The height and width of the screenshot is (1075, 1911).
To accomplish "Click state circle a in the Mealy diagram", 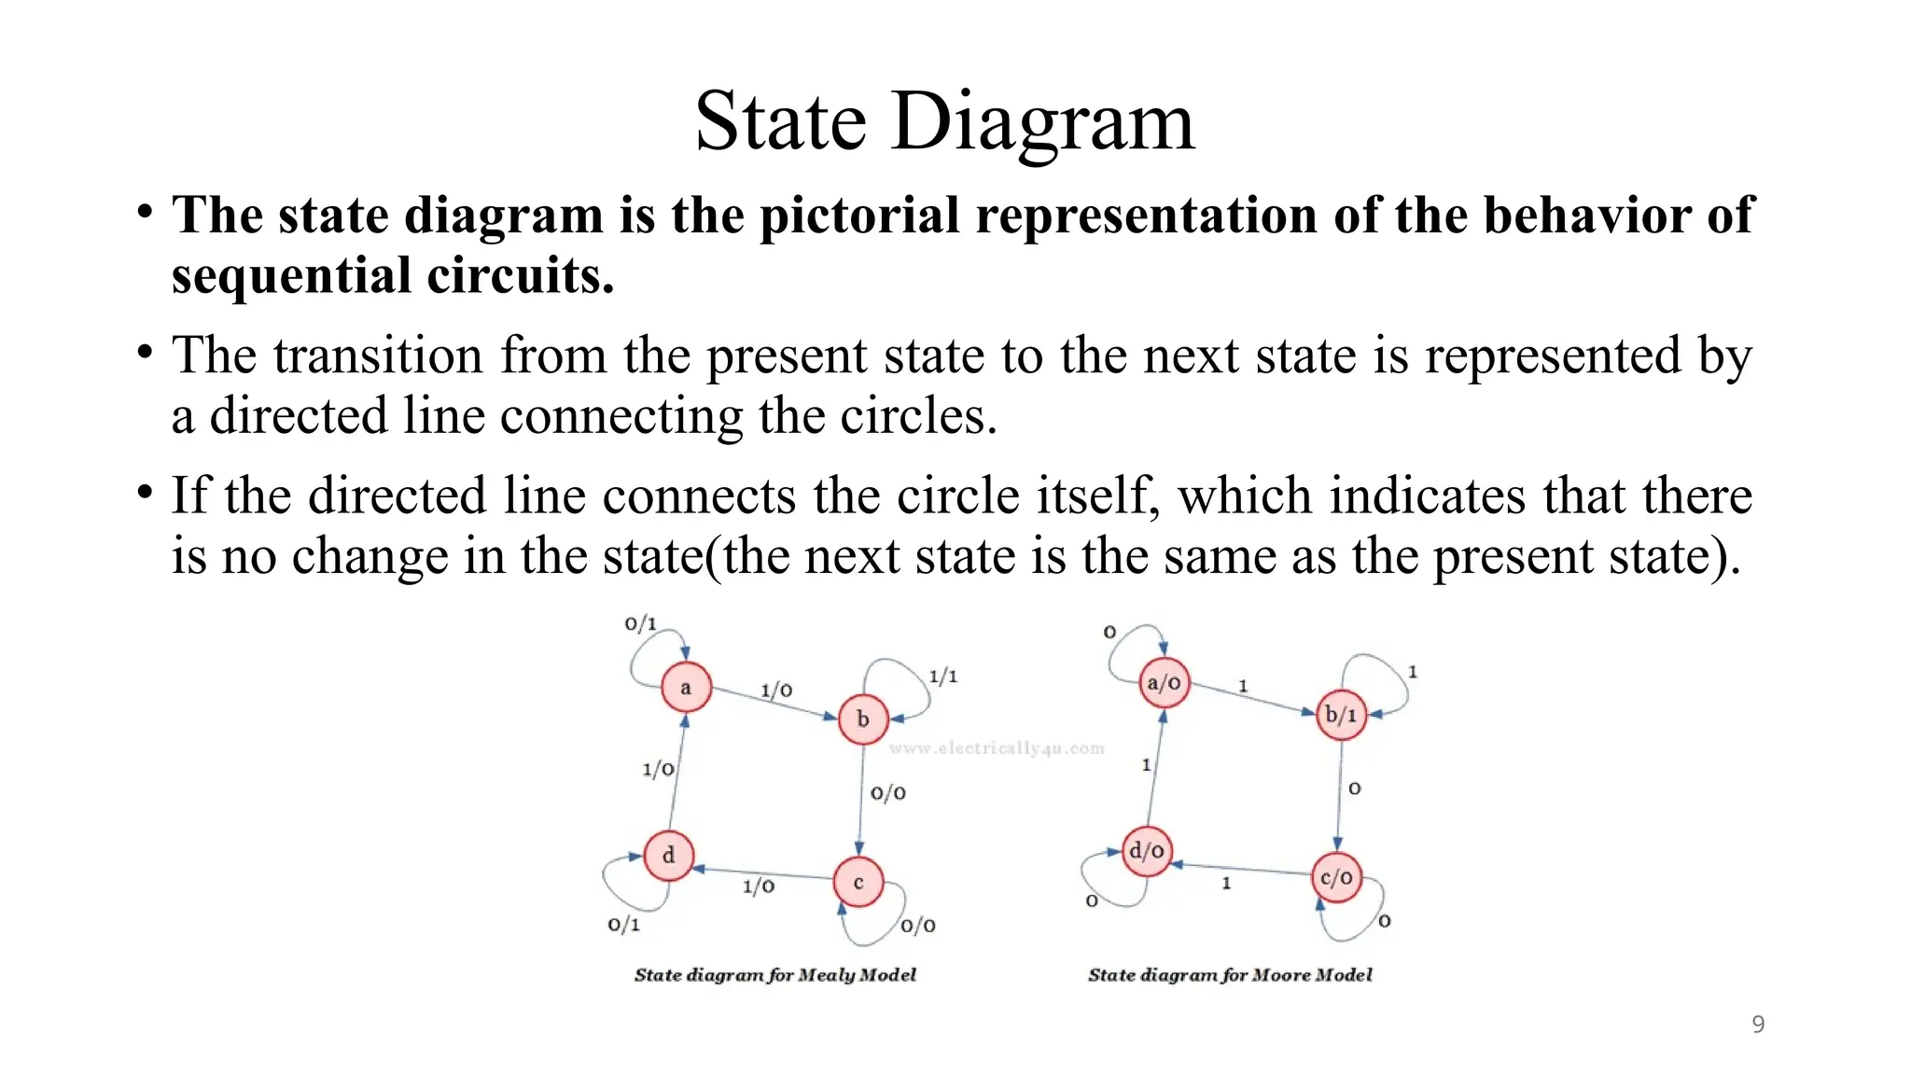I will coord(686,688).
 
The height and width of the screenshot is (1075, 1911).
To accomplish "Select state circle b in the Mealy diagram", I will coord(863,719).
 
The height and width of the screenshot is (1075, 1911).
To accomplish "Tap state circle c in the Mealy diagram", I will coord(858,882).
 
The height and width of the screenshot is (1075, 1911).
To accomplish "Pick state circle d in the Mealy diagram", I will coord(668,855).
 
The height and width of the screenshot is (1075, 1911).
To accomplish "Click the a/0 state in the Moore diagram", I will coord(1165,683).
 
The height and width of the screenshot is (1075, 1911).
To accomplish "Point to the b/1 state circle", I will coord(1341,715).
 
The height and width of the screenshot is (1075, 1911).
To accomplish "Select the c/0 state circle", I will coord(1336,877).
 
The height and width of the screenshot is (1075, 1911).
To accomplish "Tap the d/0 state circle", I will coord(1147,851).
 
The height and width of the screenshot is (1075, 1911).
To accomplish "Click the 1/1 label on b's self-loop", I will coord(942,677).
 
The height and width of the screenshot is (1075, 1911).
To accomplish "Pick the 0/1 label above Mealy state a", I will coord(641,623).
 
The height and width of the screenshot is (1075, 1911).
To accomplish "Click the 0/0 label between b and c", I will coord(887,793).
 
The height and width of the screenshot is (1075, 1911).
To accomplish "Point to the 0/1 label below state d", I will coord(623,925).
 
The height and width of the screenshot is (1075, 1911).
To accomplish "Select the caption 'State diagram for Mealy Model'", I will coord(774,975).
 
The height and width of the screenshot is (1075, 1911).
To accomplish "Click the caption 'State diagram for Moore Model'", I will coord(1230,975).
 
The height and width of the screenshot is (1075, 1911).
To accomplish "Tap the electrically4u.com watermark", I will coord(997,748).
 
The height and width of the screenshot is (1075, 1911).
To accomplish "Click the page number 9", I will coord(1758,1025).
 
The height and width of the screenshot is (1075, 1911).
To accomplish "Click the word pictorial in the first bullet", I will coord(859,216).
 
